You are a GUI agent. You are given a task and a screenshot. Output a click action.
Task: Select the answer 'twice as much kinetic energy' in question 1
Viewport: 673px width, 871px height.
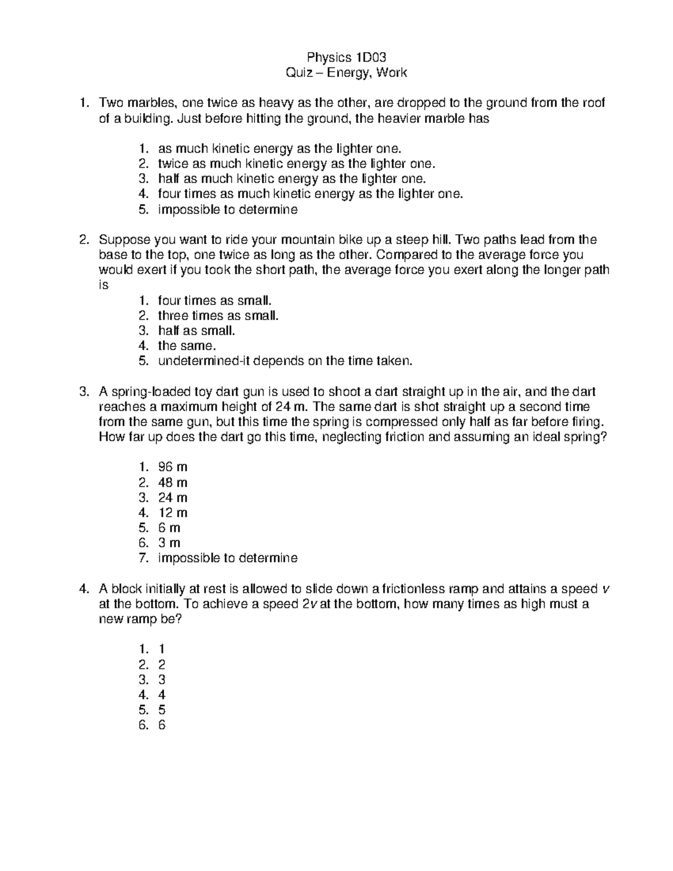click(x=296, y=164)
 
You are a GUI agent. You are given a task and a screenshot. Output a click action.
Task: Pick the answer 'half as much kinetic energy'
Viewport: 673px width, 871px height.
click(x=292, y=179)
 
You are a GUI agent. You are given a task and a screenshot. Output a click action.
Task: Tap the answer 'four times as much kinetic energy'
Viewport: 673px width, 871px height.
click(x=311, y=194)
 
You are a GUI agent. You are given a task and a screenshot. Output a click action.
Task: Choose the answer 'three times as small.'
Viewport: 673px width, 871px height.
click(x=218, y=316)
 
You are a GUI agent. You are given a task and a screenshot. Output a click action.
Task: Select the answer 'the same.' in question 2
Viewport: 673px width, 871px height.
click(x=186, y=346)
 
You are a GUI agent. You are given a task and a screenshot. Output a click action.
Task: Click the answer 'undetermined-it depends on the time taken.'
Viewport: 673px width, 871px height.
click(x=285, y=361)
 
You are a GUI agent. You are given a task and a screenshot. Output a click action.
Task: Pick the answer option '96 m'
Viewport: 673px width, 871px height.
click(x=173, y=467)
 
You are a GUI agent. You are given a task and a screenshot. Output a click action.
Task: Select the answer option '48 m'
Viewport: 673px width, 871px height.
click(x=173, y=482)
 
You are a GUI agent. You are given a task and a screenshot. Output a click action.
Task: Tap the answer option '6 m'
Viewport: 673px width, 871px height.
click(x=169, y=528)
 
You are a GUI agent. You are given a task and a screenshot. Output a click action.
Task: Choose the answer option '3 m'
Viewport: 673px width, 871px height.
click(x=169, y=543)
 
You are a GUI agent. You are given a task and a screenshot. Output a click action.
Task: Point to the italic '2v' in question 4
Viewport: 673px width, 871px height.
click(x=302, y=604)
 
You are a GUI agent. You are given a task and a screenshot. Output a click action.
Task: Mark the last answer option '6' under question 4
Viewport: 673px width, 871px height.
click(x=162, y=725)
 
